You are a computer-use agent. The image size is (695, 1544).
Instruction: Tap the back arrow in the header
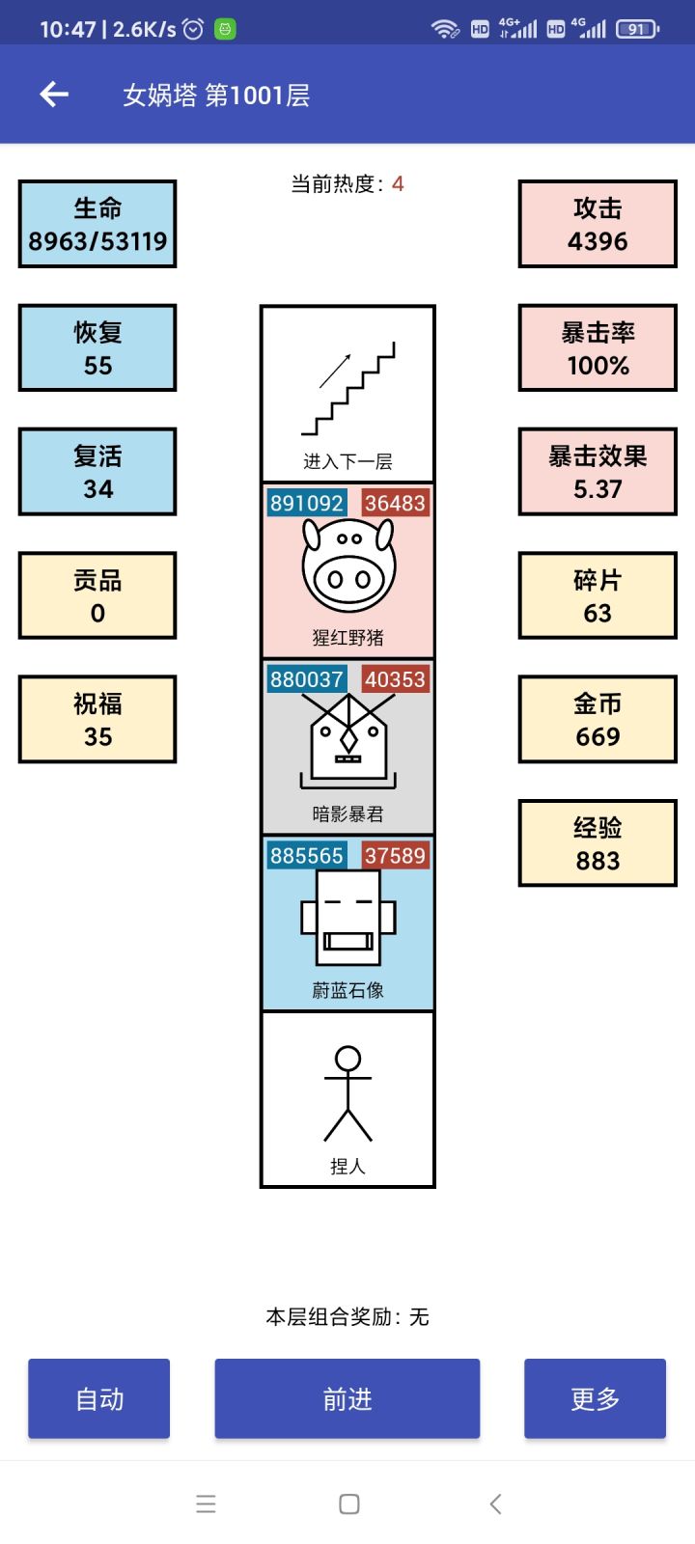point(54,94)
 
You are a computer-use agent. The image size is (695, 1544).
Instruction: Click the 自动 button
point(98,1398)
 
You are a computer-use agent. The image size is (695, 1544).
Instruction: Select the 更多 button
point(595,1398)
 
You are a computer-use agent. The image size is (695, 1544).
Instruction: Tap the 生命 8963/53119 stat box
point(97,224)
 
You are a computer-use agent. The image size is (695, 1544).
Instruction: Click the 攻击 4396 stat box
point(598,224)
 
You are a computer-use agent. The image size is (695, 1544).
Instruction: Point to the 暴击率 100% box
point(598,348)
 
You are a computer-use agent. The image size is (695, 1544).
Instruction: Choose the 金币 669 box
point(598,720)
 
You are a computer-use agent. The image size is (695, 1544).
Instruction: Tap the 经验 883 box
point(598,843)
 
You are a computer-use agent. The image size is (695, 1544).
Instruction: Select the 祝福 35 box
point(97,720)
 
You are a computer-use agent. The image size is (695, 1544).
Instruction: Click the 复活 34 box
point(97,472)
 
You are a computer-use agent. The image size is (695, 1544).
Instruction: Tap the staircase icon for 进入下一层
point(348,388)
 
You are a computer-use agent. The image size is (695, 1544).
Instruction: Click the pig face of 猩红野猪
point(348,566)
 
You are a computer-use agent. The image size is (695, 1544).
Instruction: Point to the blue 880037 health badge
point(306,679)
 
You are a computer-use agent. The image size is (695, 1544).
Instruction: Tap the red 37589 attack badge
point(395,856)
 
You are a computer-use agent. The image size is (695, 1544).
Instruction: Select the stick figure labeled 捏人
point(347,1093)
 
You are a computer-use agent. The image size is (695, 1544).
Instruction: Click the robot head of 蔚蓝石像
point(347,917)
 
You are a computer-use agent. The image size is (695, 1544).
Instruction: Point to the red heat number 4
point(398,183)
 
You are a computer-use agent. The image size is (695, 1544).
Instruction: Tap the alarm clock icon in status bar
point(193,29)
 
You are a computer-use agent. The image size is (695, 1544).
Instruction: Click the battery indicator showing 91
point(637,29)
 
